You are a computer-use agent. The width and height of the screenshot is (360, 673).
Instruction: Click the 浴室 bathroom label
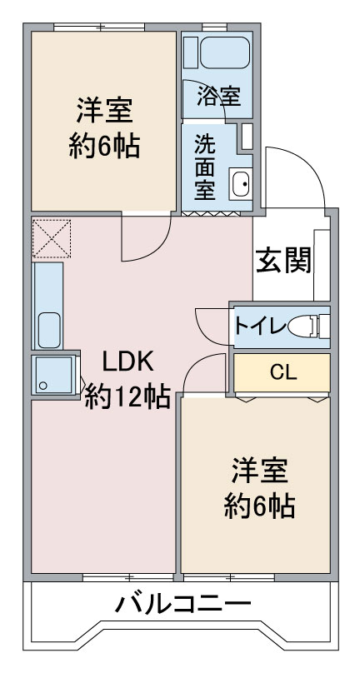tap(218, 96)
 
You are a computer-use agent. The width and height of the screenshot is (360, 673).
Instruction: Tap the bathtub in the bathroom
tap(225, 52)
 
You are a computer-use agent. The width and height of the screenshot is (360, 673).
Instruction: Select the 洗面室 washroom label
tap(205, 167)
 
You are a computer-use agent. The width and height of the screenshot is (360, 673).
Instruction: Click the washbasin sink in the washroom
tap(240, 184)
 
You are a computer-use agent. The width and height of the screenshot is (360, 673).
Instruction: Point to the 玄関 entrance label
tap(283, 260)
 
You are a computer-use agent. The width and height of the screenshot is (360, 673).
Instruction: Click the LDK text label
tap(127, 362)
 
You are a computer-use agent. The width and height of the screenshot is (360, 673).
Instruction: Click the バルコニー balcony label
tap(182, 606)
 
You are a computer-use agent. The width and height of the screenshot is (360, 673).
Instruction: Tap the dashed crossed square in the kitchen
tap(52, 239)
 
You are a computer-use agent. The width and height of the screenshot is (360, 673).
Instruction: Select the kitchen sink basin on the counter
tap(49, 330)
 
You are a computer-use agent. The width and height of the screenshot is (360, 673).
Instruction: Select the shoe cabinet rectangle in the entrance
tap(322, 265)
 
